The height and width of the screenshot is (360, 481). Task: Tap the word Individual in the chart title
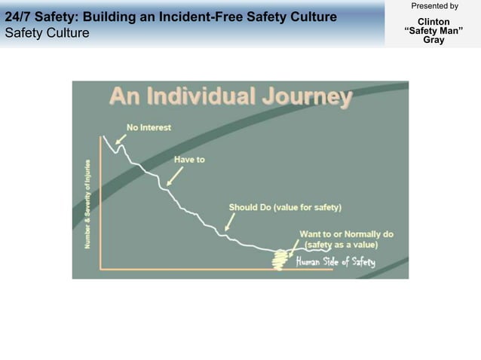coord(200,98)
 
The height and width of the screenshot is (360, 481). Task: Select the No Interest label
coord(149,127)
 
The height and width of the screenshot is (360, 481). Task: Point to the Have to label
coord(189,160)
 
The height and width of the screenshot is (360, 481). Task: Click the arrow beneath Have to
coord(175,176)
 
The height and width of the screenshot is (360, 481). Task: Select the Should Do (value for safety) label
coord(285,207)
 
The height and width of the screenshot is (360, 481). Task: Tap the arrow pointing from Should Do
coord(230,221)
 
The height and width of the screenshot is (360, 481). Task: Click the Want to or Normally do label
coord(346,234)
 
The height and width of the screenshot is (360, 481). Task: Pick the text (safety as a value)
coord(341,245)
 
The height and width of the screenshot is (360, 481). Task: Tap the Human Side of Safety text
coord(335,261)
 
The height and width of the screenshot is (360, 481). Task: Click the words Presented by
coord(434,6)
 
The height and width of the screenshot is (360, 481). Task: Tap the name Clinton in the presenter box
coord(434,22)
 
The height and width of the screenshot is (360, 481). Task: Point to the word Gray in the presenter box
coord(434,40)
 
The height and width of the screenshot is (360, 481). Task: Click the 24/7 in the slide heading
coord(17,17)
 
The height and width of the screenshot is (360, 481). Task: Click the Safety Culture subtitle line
coord(47,33)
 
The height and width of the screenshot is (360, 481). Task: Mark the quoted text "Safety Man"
coord(434,31)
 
